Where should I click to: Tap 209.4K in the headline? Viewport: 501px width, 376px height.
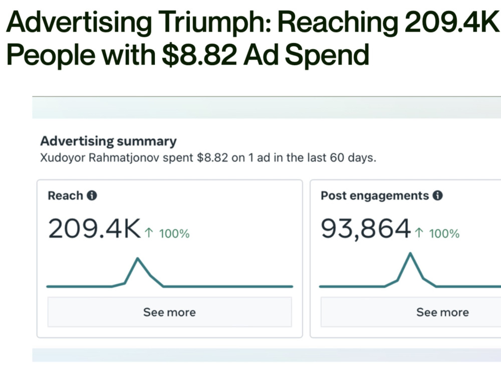449,23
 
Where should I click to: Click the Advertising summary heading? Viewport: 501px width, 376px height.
108,141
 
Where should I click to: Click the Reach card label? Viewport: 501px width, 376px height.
65,196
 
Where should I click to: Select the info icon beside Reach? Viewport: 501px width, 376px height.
92,196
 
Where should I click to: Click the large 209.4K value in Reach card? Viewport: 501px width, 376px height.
94,229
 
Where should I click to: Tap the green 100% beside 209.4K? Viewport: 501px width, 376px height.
174,234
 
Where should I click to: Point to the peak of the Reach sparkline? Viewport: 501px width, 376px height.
138,258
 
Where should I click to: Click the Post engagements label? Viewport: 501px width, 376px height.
375,196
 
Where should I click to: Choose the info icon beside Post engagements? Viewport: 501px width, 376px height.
437,196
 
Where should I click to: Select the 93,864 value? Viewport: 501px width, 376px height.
366,229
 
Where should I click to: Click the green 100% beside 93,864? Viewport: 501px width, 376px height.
444,234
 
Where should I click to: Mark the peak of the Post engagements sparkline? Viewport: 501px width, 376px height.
411,253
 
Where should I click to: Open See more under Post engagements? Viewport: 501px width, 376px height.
442,312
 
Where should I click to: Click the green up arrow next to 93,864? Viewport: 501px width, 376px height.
419,234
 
